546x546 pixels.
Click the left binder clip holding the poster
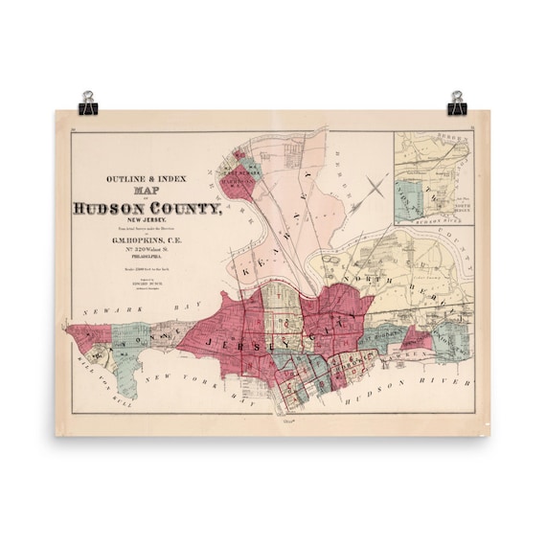tap(88, 101)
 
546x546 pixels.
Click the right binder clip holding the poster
tap(456, 101)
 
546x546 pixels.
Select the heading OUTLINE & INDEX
tap(147, 178)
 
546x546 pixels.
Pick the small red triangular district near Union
tap(418, 338)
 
